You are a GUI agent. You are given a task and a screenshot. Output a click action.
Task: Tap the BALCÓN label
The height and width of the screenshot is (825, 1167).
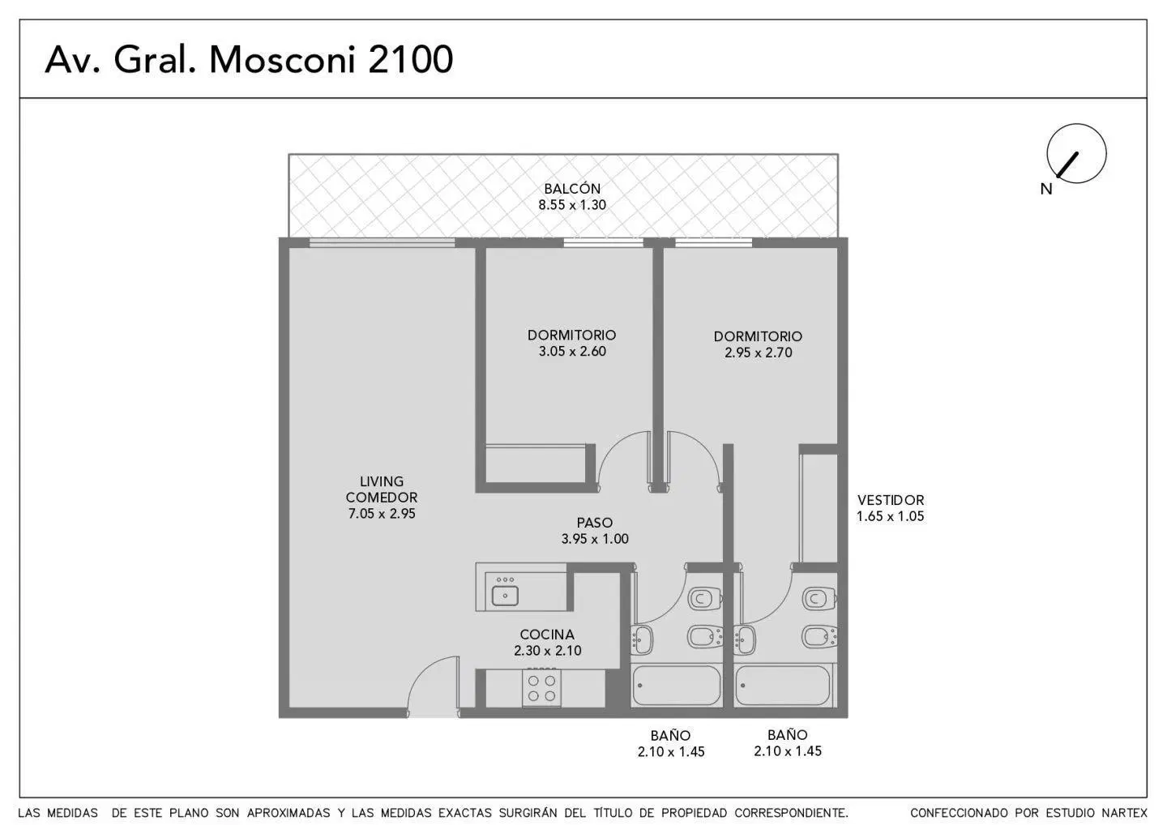(x=572, y=188)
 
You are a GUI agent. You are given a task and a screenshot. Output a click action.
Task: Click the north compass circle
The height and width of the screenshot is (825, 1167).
(x=1076, y=153)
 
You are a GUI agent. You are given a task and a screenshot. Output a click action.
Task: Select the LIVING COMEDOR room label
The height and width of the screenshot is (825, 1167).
(x=382, y=489)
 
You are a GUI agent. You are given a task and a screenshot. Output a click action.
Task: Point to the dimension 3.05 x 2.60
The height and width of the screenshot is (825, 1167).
(x=572, y=351)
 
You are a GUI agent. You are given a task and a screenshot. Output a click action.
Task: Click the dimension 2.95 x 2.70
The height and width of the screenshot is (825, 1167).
(x=758, y=353)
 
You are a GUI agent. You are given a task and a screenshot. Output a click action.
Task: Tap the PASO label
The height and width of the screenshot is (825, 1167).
(x=595, y=523)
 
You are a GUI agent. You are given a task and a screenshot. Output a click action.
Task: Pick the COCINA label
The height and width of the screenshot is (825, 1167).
(x=547, y=635)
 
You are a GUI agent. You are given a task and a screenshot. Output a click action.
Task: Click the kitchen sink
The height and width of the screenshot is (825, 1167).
(x=505, y=596)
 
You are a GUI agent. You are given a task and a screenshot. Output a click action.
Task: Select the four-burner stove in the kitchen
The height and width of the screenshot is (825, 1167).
(x=542, y=687)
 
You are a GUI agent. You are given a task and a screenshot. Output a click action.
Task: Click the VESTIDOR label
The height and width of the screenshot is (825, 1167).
(x=891, y=500)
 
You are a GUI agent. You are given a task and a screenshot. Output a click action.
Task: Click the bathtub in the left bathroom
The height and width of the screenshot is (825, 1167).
(x=676, y=686)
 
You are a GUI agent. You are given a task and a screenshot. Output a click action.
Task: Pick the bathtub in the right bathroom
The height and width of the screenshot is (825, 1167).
(x=783, y=686)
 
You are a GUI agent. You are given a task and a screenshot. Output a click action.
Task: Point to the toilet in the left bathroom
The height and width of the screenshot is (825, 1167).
(x=705, y=599)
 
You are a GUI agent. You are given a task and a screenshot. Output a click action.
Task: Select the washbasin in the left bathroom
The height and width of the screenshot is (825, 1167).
(x=642, y=639)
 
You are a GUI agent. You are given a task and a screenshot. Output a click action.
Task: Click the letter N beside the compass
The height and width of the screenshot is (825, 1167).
(x=1046, y=189)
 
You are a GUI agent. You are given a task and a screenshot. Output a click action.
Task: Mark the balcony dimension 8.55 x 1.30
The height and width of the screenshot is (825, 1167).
(x=572, y=205)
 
